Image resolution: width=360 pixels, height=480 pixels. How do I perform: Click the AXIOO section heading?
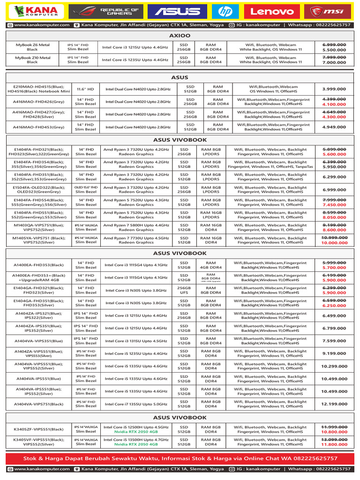pos(180,35)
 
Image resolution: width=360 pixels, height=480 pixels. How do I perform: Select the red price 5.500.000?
pos(334,50)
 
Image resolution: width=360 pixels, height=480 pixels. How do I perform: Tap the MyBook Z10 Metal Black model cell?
pos(32,60)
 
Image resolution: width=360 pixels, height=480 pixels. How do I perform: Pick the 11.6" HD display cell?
pos(86,89)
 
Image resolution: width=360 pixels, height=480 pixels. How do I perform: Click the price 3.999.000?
pos(334,89)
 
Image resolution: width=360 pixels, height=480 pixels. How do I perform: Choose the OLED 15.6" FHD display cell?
pos(86,189)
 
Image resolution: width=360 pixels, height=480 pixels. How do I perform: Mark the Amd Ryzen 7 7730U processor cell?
pos(136,240)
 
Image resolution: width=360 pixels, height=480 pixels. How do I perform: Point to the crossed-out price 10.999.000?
pos(334,238)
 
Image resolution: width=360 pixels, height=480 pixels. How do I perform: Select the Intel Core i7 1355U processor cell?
pos(136,404)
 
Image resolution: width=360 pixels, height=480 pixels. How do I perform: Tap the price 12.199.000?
pos(334,404)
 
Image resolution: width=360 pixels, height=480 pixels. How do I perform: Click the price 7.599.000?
pos(334,341)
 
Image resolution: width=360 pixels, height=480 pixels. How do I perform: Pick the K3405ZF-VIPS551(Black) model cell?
pos(38,429)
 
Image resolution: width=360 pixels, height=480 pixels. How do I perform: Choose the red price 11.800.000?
pos(334,444)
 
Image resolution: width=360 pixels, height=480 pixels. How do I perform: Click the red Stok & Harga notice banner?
pos(180,458)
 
